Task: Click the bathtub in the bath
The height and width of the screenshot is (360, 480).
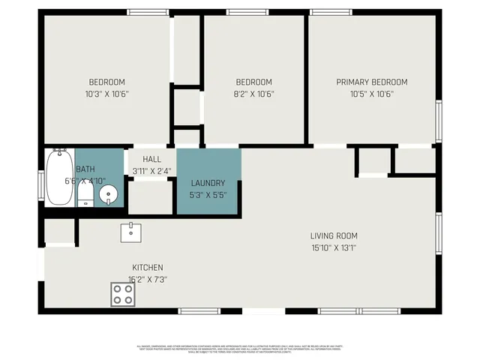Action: [58, 177]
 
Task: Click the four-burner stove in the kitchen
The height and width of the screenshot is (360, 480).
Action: [123, 294]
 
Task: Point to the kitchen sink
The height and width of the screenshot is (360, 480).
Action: [131, 232]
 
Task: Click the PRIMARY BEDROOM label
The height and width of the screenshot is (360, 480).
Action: [371, 82]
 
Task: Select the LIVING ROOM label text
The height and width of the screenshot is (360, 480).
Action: [334, 236]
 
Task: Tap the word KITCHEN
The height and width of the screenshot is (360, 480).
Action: [148, 268]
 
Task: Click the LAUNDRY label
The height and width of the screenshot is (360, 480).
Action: [208, 183]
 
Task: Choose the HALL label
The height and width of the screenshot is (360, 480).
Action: [152, 159]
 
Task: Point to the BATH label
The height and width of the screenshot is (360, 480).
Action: [85, 169]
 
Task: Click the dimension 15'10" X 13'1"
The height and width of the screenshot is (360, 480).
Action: [334, 248]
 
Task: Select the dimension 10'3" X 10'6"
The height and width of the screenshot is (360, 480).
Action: [107, 94]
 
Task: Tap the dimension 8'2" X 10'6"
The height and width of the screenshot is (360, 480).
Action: [254, 94]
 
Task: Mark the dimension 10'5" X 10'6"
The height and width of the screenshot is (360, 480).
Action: [371, 94]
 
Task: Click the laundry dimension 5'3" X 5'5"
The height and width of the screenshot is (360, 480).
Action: [208, 195]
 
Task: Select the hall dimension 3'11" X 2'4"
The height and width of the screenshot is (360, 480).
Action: [152, 171]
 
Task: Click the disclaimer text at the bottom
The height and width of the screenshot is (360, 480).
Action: [240, 349]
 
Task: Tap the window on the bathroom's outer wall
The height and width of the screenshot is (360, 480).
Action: [41, 184]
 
